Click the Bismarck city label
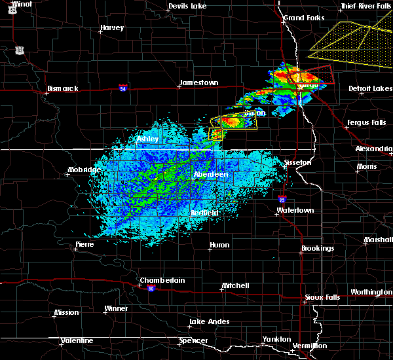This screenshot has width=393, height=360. click(63, 88)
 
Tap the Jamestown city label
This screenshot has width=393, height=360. click(198, 82)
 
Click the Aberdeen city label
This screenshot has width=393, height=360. click(211, 175)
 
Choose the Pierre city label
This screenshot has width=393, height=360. click(84, 243)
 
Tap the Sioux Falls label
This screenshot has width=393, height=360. click(323, 297)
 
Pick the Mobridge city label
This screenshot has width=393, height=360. click(84, 170)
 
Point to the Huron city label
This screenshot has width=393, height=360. click(219, 245)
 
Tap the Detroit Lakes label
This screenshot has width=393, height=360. click(371, 88)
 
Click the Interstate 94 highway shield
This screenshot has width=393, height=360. click(122, 86)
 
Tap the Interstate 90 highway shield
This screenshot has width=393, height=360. click(151, 289)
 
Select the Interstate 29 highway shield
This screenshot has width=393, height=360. click(282, 200)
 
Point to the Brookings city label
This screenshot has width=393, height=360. click(318, 249)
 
